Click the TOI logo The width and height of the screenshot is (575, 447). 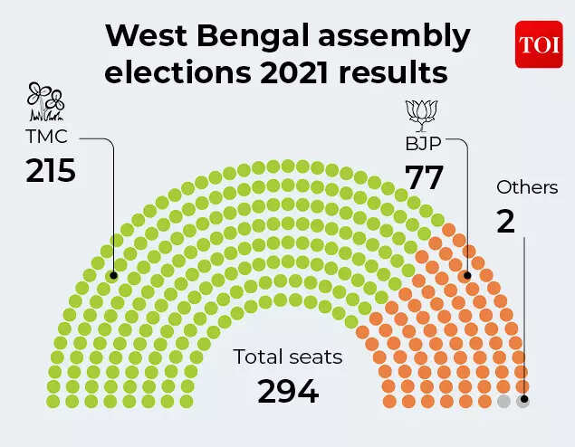point(539,44)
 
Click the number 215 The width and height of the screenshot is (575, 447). point(50,171)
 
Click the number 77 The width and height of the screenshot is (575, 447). point(424,178)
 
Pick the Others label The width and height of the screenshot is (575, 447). point(527,188)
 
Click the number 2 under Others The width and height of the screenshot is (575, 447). point(505,221)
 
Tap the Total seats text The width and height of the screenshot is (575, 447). point(288,357)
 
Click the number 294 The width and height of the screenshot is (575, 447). point(288,391)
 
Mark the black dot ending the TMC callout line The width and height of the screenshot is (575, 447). point(114,275)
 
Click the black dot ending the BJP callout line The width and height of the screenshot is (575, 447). point(467,275)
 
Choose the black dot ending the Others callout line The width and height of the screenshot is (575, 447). point(523,400)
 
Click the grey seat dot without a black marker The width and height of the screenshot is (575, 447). point(504,401)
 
